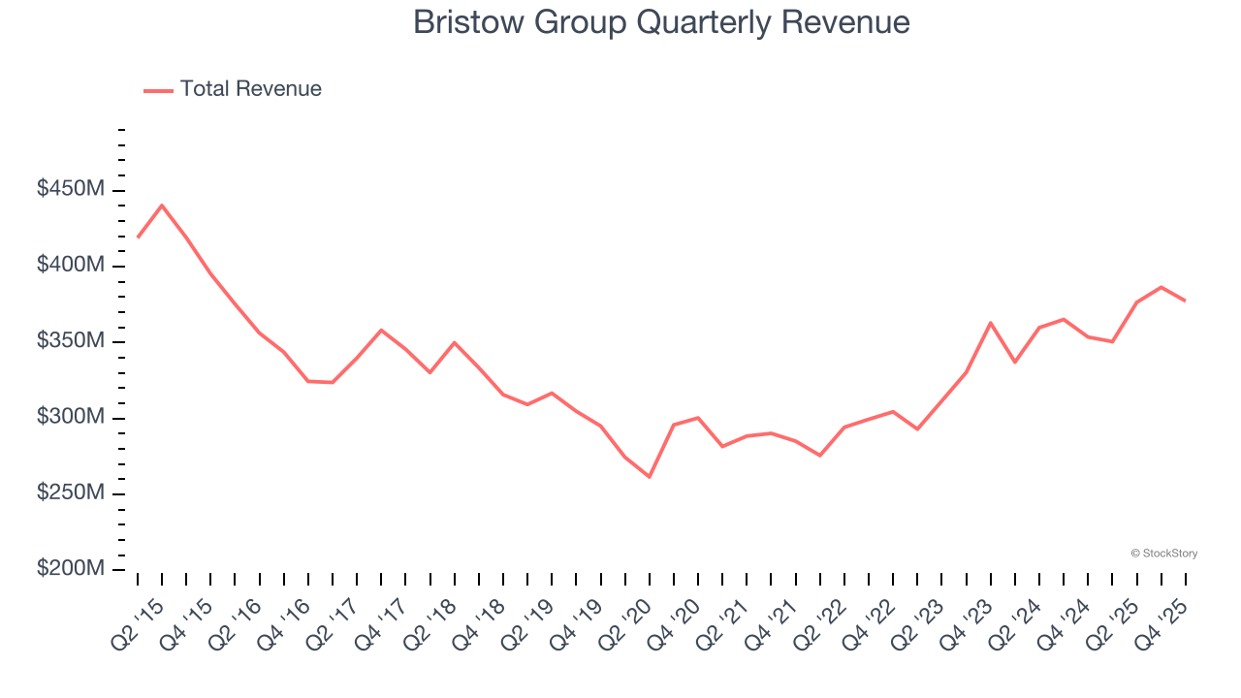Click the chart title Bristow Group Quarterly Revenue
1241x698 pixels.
(661, 22)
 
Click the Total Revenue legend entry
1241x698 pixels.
(233, 89)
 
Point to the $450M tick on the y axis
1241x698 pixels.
(71, 190)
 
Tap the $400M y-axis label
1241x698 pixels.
(71, 266)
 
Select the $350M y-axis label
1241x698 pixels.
(71, 341)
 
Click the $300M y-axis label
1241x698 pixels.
(71, 417)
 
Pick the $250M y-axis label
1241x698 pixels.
(71, 493)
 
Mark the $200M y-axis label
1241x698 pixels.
(71, 569)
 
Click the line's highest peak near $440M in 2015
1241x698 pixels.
(161, 206)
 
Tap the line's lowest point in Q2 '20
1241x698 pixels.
(649, 477)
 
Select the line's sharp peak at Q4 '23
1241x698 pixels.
(990, 323)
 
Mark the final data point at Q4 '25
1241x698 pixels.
(1185, 301)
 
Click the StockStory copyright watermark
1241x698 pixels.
(1163, 554)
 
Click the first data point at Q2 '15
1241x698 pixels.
(138, 237)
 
